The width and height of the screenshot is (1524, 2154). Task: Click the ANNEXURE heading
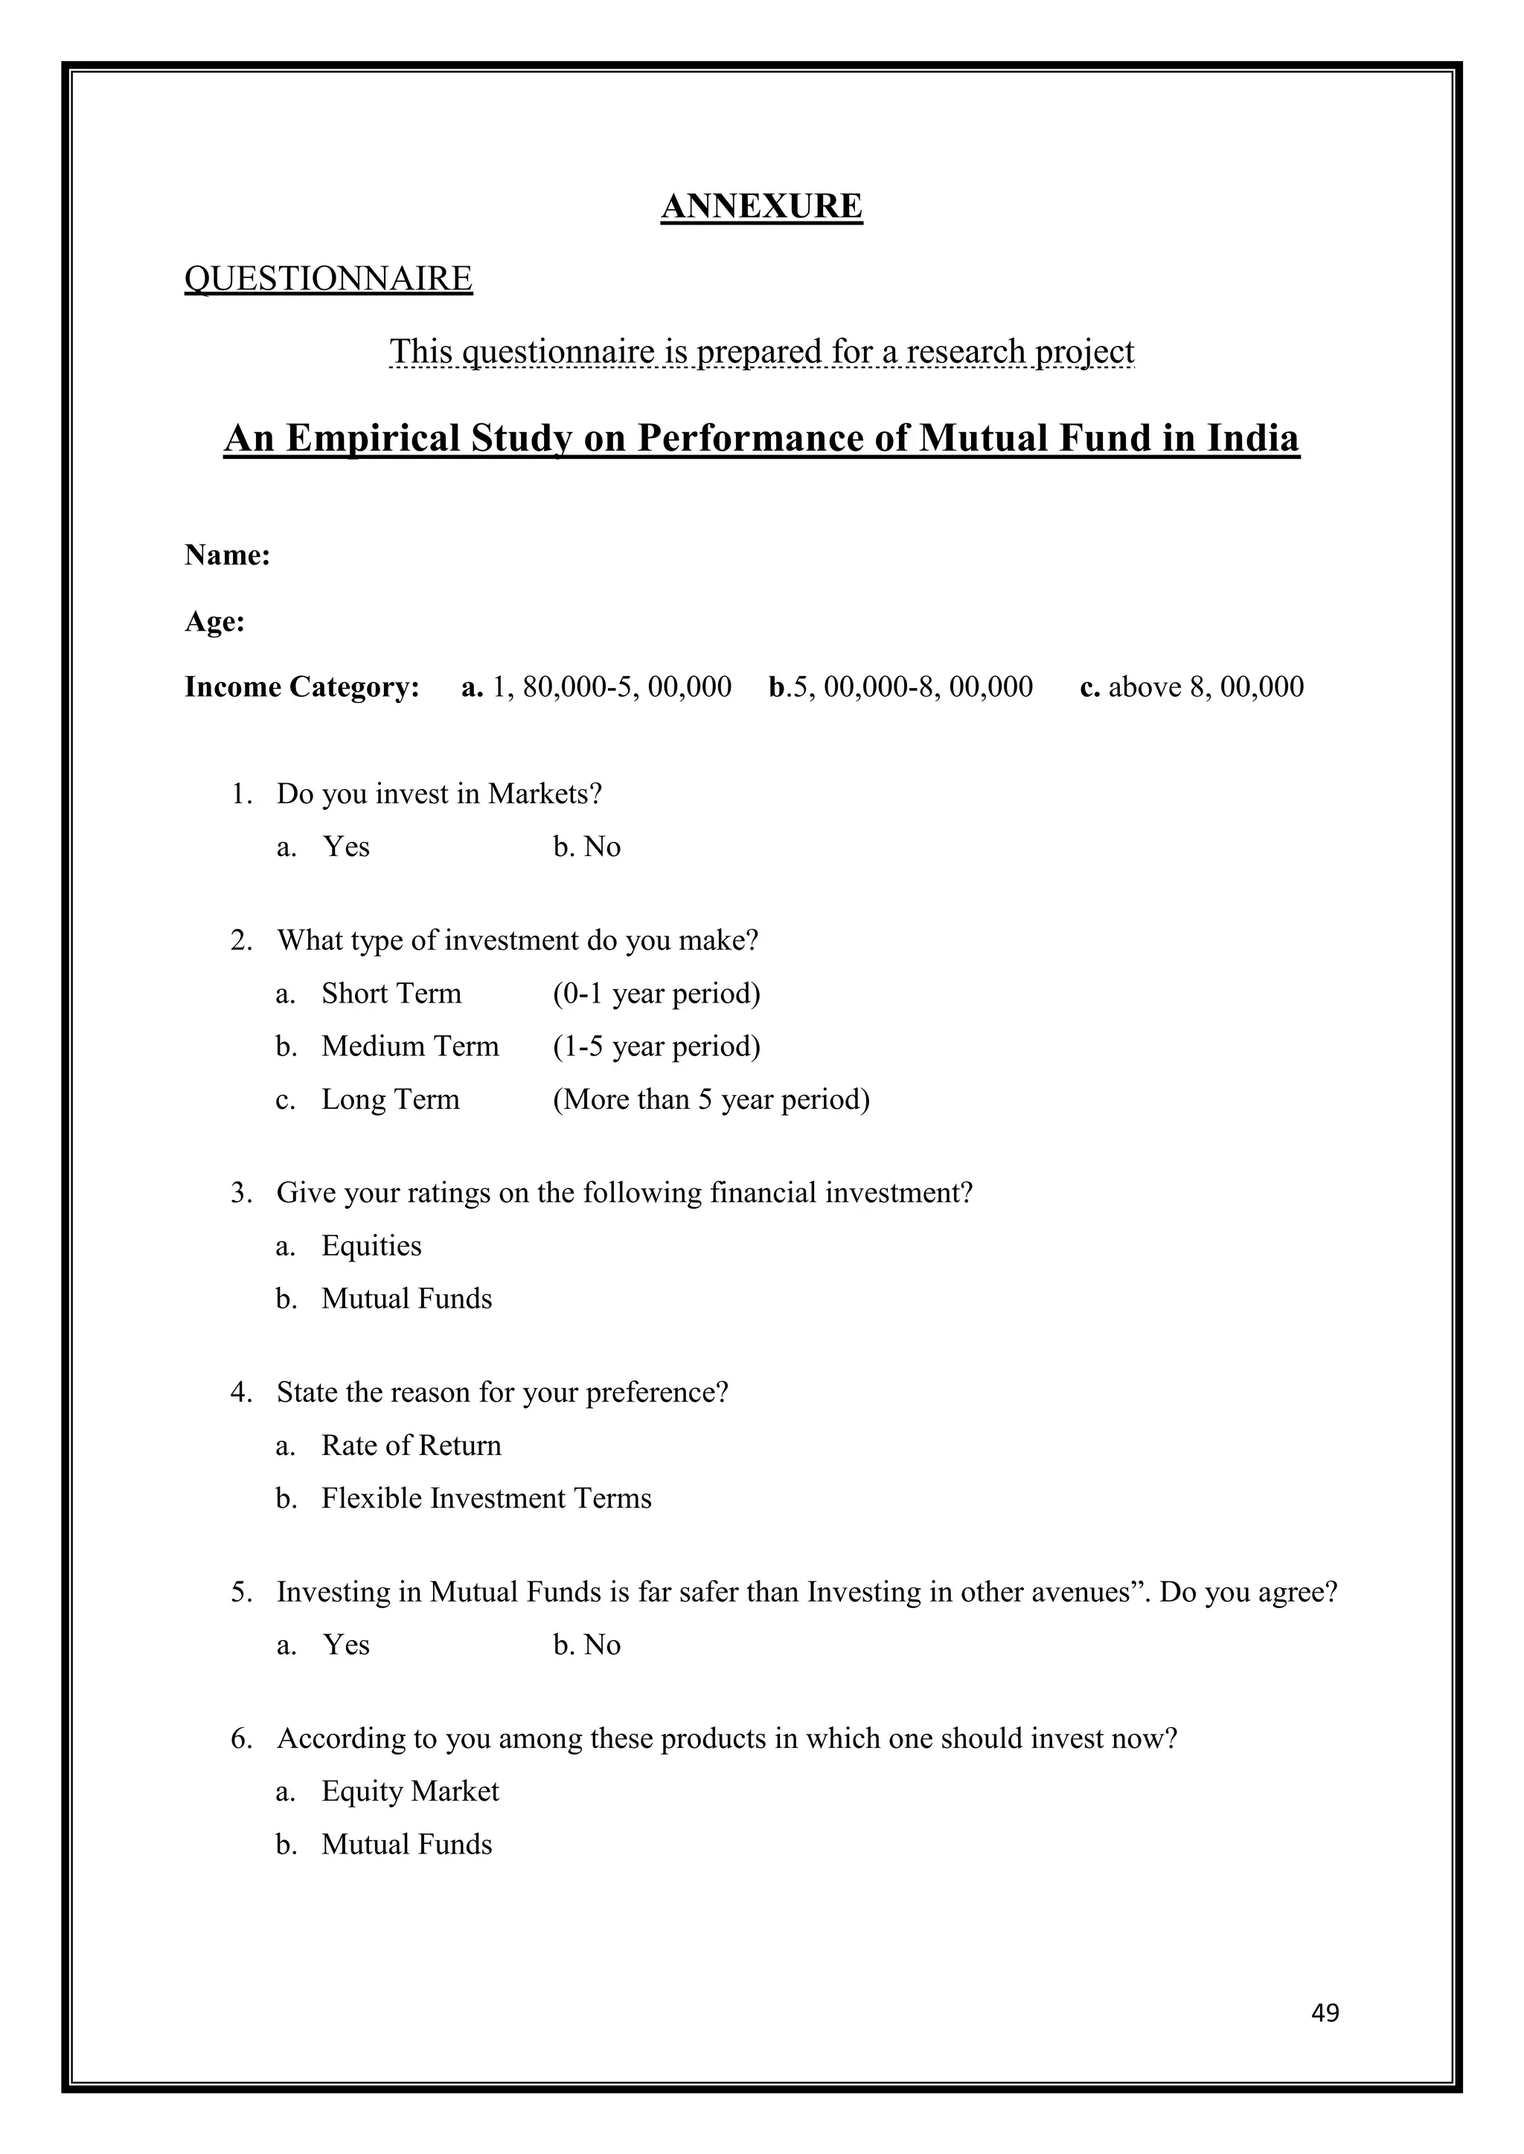point(761,206)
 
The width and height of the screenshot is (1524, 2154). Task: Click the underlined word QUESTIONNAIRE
point(328,279)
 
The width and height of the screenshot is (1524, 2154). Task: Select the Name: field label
point(227,556)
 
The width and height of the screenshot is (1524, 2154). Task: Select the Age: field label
point(215,621)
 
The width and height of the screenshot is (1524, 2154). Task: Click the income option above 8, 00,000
point(1205,687)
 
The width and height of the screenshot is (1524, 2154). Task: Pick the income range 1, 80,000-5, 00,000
point(611,687)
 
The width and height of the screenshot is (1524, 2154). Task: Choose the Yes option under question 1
point(345,846)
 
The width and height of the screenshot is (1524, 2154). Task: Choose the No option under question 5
point(601,1645)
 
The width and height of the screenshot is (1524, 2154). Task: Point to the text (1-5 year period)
point(656,1046)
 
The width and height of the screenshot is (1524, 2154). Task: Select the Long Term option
point(391,1099)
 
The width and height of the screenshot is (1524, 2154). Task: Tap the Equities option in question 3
point(371,1246)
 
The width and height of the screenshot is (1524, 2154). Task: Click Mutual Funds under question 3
point(406,1299)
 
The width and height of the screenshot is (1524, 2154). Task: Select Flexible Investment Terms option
point(486,1498)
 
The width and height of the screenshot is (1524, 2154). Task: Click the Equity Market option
point(410,1791)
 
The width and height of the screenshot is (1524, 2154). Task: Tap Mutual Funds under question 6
point(406,1845)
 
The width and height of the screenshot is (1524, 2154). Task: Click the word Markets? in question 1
point(545,794)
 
